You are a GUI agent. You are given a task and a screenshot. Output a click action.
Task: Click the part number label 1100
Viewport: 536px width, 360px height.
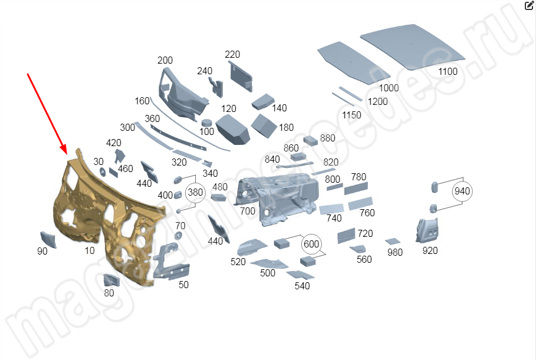coord(448,72)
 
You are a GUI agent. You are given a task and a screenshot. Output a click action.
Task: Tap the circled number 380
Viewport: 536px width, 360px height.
coord(195,192)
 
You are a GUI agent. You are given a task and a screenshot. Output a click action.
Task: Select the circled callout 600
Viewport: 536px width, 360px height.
coord(311,244)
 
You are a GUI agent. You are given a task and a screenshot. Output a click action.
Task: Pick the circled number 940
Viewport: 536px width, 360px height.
coord(462,191)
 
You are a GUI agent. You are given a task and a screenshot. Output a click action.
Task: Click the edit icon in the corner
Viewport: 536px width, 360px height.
coord(529,6)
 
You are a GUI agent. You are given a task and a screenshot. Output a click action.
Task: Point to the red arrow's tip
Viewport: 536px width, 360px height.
coord(66,154)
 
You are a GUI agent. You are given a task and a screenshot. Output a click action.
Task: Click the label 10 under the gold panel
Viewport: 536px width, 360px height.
coord(90,250)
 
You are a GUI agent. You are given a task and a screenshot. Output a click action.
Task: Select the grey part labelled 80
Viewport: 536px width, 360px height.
coord(111,280)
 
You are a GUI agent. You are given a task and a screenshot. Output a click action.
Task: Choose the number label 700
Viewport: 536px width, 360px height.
coord(248,211)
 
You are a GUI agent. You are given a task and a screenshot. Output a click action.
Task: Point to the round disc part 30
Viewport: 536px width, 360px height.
coord(102,172)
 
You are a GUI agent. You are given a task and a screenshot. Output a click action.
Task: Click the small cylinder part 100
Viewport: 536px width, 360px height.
coord(207,123)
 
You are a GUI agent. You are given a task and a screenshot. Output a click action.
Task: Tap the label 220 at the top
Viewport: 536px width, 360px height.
coord(232,54)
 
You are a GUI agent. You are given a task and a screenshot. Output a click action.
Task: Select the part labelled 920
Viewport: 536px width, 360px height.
coord(427,230)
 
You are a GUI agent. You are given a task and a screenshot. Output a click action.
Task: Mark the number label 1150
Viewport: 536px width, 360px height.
coord(351,115)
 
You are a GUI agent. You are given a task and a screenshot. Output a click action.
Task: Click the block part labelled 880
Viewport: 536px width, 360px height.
coord(310,140)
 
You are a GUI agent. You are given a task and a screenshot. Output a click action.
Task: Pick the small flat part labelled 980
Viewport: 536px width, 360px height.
coord(393,242)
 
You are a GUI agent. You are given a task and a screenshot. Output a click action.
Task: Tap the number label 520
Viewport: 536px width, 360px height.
coord(238,262)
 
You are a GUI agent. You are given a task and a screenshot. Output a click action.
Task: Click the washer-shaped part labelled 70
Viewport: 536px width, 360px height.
coord(178,236)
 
